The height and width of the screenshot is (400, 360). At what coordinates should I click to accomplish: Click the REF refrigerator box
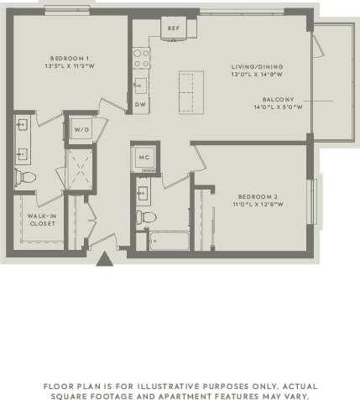[x=173, y=29]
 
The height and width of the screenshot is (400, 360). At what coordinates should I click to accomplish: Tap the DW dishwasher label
[x=140, y=104]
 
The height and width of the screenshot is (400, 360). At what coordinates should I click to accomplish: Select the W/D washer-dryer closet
[x=81, y=129]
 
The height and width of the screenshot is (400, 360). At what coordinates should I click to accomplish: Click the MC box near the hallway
[x=143, y=157]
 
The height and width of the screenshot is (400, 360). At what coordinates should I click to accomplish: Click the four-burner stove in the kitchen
[x=140, y=57]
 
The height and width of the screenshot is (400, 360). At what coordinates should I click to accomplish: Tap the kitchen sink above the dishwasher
[x=140, y=85]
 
